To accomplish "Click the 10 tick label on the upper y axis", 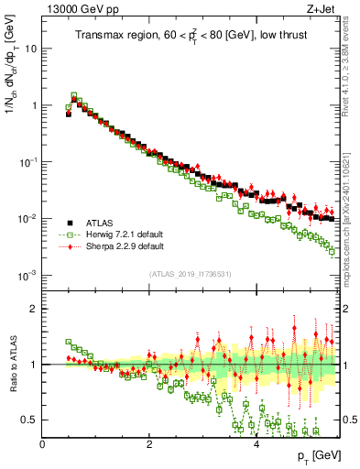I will (x=30, y=49).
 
